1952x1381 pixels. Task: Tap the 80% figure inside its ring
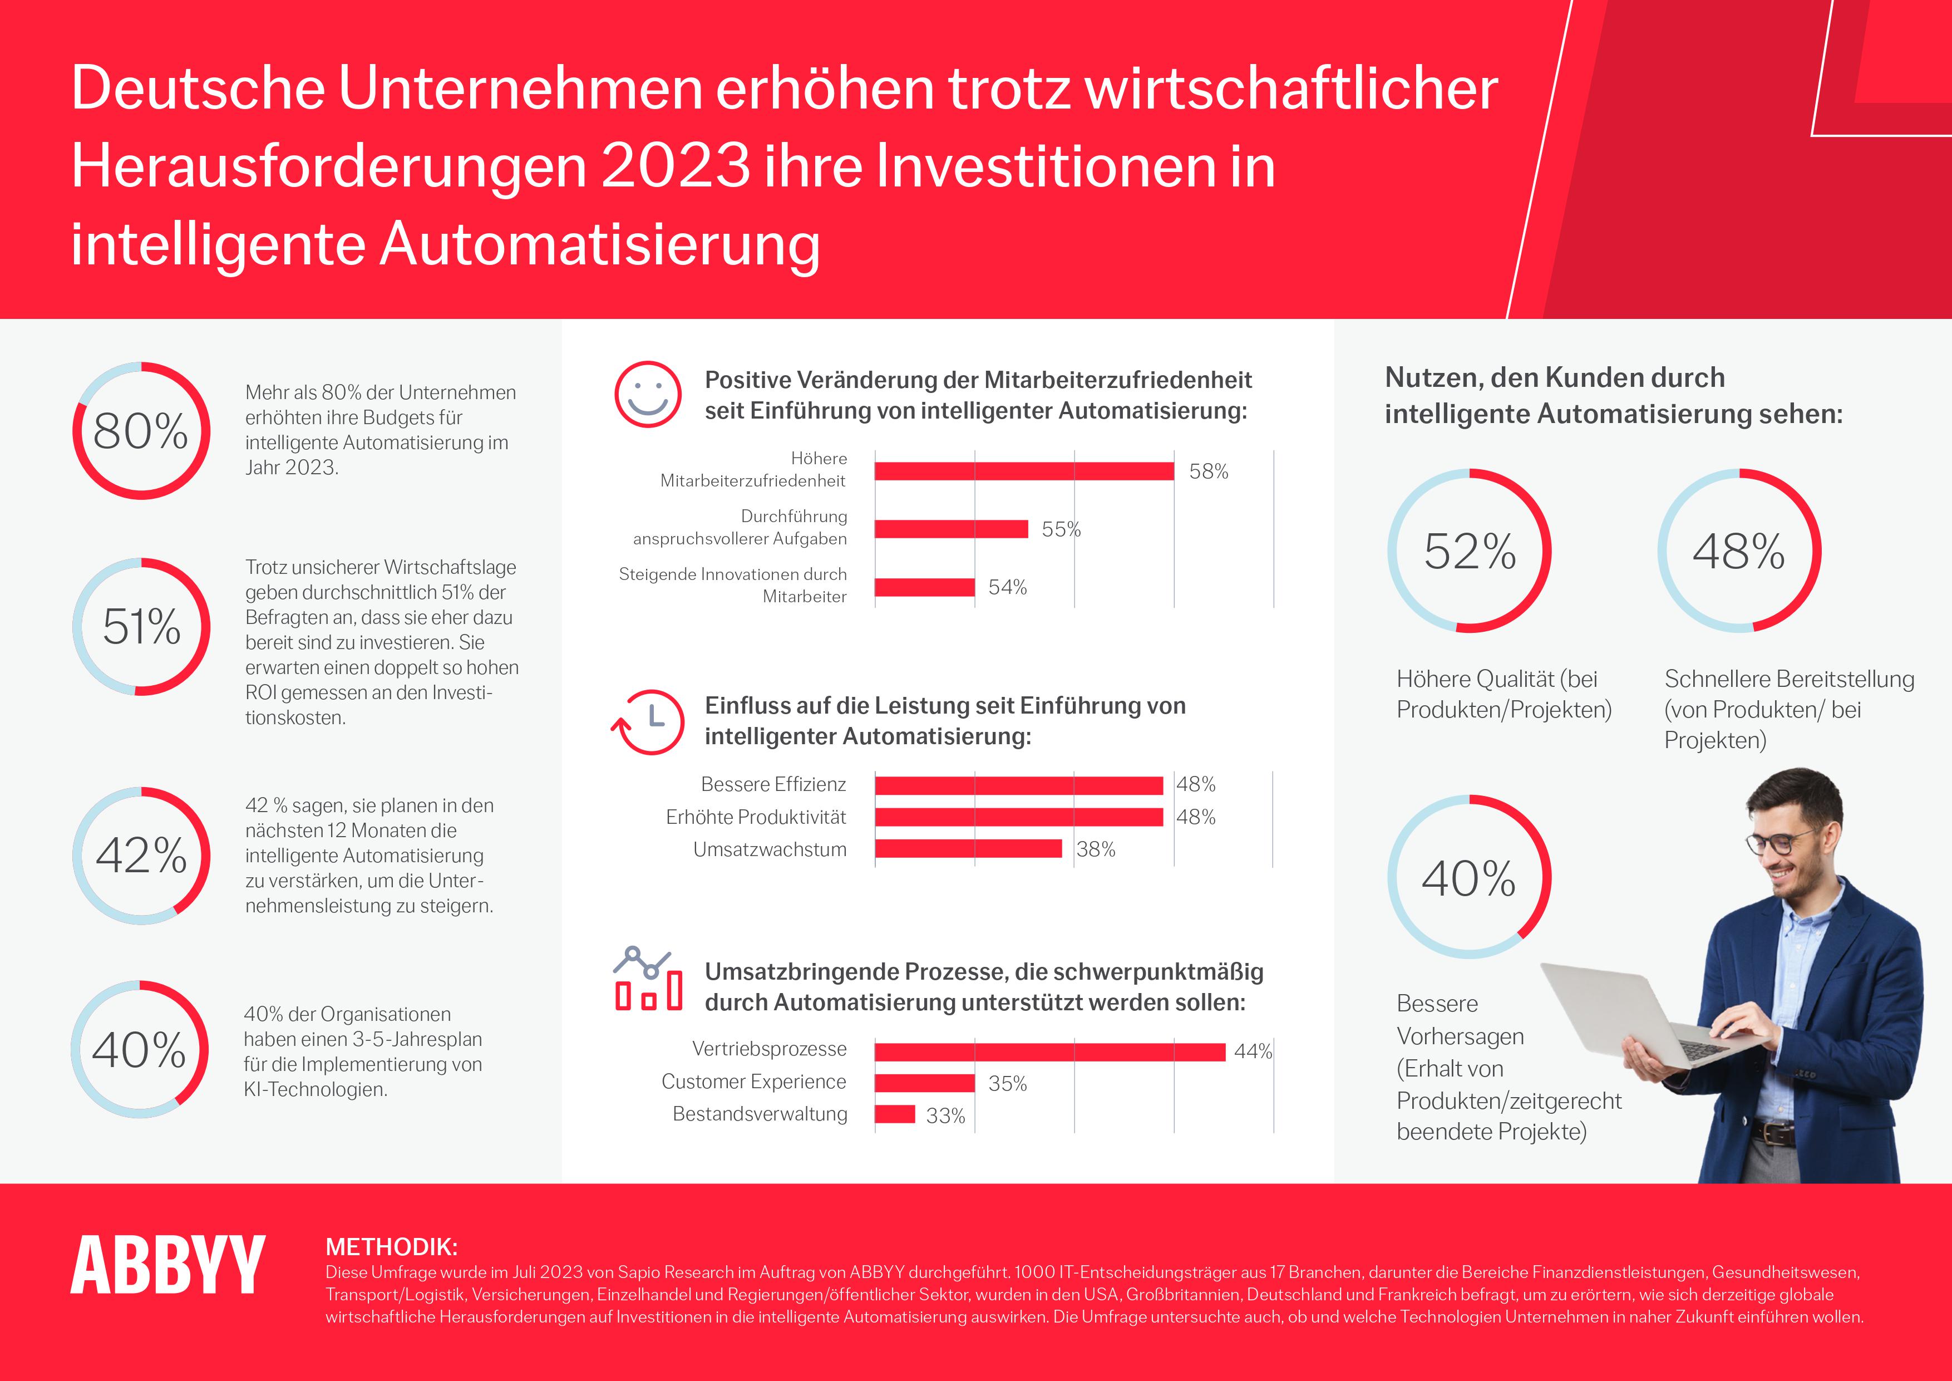(x=140, y=431)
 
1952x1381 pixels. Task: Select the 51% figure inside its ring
(x=141, y=627)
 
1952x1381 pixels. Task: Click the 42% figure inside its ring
(x=141, y=856)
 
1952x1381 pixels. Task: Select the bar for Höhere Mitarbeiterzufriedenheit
(x=1024, y=471)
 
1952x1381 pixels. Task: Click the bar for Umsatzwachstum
(x=968, y=849)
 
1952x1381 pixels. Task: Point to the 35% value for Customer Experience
(x=1008, y=1083)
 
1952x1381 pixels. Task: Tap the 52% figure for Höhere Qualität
(x=1470, y=551)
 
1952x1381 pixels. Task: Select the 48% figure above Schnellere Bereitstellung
(x=1739, y=551)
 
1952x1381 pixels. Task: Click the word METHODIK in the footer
(x=391, y=1247)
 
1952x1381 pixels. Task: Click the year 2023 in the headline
(x=676, y=166)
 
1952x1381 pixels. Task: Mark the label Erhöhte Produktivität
(x=756, y=817)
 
